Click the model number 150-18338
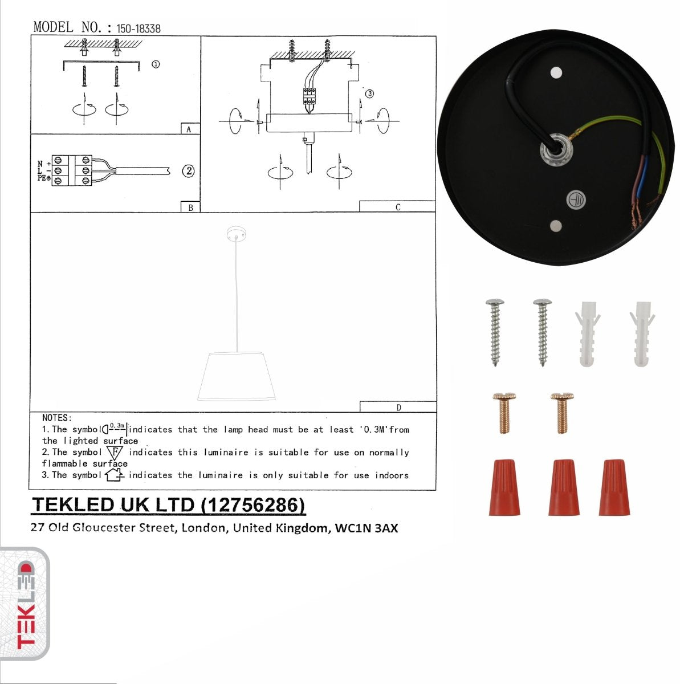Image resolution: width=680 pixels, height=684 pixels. pos(138,28)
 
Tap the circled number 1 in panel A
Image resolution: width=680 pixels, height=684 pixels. pos(155,64)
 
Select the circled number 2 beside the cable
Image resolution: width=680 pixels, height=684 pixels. pos(188,170)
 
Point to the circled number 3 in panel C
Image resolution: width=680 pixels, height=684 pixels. pos(369,93)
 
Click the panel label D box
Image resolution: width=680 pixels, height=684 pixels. pos(398,407)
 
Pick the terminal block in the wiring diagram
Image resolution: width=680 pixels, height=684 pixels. pos(72,170)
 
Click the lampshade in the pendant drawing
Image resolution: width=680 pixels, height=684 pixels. pos(237,377)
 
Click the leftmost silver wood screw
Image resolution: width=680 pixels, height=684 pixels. pos(494,331)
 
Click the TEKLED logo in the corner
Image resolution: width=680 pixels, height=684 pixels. pos(25,604)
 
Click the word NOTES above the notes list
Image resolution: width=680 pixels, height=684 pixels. pos(56,418)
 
